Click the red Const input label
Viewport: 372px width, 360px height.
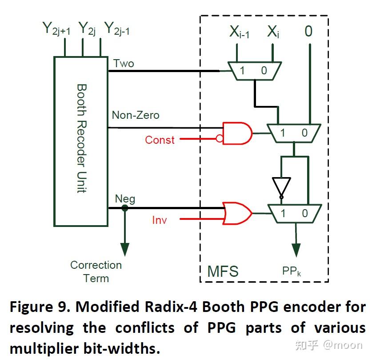point(160,140)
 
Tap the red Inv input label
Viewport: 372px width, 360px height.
point(160,220)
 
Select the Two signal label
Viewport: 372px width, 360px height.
point(123,63)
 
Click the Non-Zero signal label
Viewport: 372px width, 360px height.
point(135,116)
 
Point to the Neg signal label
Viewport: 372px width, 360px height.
point(125,198)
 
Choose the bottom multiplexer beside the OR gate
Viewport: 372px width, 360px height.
point(294,213)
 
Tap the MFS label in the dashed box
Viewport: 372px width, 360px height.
point(223,271)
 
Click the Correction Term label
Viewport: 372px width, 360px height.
point(96,271)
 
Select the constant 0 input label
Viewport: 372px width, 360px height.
point(308,32)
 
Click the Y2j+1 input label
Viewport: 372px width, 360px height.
point(56,29)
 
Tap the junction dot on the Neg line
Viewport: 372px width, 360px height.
point(125,208)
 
